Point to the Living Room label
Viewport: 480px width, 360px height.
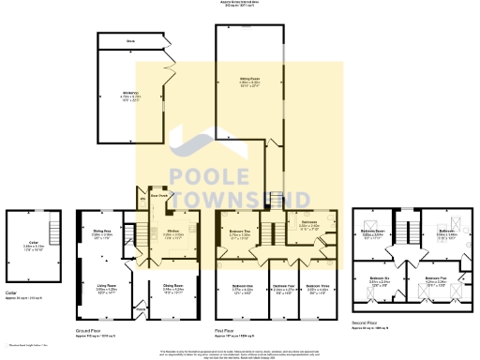(x=105, y=288)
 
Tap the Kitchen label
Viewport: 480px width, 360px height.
(x=174, y=232)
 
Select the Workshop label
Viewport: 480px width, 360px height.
(x=130, y=92)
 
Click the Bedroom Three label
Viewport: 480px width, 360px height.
(x=319, y=288)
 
